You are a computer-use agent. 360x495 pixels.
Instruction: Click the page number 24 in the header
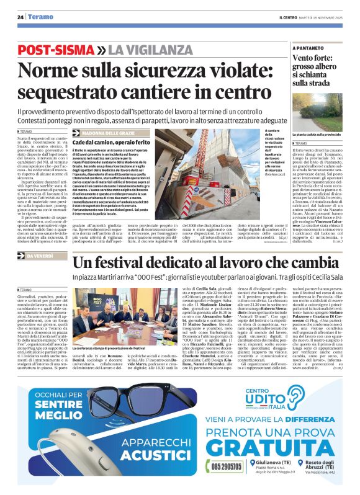click(20, 17)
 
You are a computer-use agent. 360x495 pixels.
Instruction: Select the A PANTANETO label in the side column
click(309, 47)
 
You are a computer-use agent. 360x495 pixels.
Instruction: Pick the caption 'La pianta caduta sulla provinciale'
click(317, 133)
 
